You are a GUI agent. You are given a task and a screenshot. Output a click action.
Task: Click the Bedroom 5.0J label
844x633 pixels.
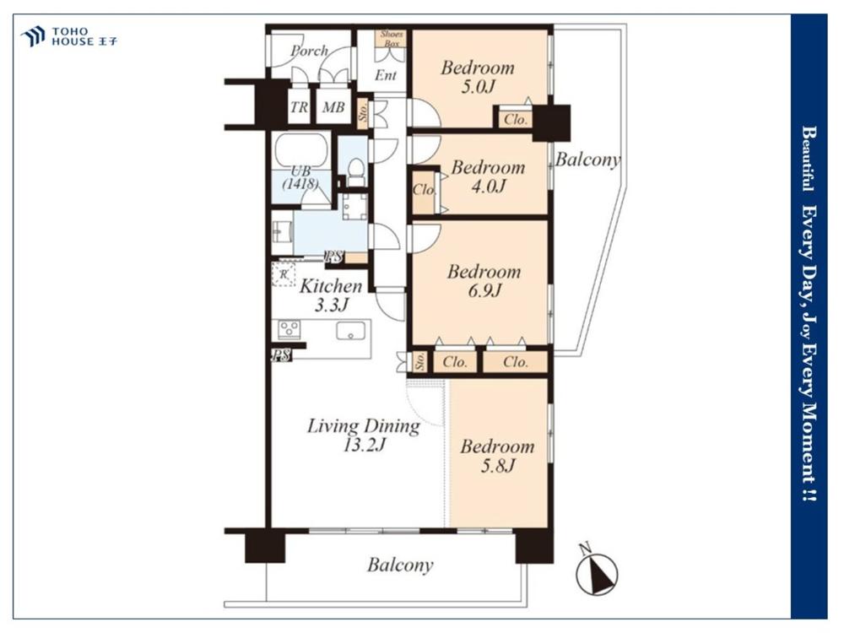tap(478, 77)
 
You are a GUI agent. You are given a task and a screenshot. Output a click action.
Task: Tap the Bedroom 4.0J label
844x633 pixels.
tap(488, 176)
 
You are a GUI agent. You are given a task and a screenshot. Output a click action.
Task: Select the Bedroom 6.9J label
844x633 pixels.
tap(484, 280)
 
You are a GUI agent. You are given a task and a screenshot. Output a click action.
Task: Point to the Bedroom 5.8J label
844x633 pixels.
tap(497, 456)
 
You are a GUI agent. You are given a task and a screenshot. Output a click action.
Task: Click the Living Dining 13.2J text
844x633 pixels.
tap(364, 435)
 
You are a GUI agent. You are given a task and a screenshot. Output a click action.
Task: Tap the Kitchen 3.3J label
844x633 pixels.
tap(331, 295)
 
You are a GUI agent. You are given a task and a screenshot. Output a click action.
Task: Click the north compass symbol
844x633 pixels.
tap(597, 572)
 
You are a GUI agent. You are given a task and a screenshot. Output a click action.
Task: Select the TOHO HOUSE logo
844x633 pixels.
tap(69, 36)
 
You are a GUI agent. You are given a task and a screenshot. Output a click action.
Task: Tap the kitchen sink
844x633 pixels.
tap(350, 331)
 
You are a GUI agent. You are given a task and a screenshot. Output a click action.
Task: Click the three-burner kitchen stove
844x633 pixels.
tap(289, 329)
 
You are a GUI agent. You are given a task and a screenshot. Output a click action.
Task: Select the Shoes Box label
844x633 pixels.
tap(392, 38)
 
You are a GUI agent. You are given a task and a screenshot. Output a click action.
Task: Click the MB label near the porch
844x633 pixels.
tap(333, 107)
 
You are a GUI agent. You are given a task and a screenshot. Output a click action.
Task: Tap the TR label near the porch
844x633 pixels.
tap(300, 107)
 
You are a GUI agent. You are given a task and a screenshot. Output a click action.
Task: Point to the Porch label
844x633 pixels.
tap(309, 51)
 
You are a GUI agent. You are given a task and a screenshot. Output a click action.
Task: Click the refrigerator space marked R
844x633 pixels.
tap(284, 274)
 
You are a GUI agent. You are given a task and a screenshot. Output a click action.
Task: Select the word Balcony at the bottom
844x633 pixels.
tap(400, 565)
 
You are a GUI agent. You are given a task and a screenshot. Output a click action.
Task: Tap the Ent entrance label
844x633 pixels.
tap(386, 75)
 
